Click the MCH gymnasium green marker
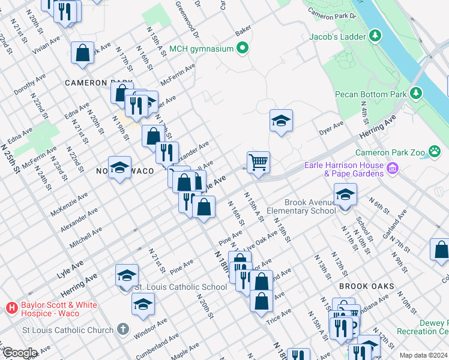(x=243, y=48)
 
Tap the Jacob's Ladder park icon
(x=376, y=37)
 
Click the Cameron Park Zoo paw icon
(x=435, y=152)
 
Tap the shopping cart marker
(x=258, y=161)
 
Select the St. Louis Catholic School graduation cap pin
(x=127, y=275)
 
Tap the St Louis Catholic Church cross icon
(x=122, y=329)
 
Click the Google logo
(x=19, y=353)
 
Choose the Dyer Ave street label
(x=330, y=128)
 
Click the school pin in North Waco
(x=119, y=167)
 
